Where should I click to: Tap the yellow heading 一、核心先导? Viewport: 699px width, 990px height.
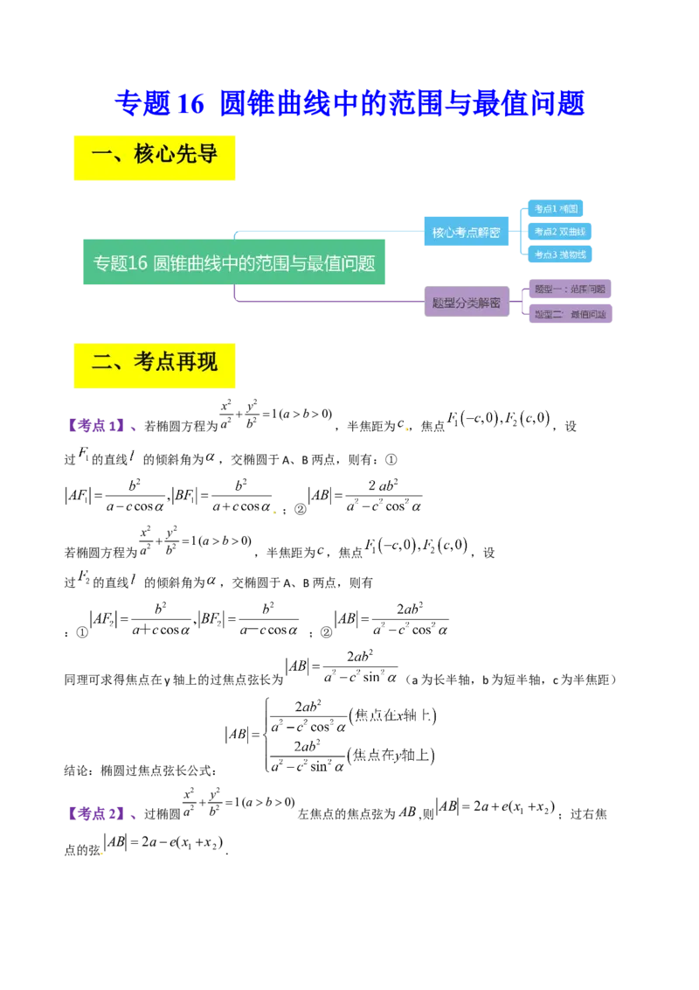[154, 157]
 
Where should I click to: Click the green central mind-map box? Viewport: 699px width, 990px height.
[233, 262]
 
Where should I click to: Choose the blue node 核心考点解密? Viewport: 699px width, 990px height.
[466, 233]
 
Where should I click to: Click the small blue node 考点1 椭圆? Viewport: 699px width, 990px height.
[556, 209]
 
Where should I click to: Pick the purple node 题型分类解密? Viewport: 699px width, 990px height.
[466, 303]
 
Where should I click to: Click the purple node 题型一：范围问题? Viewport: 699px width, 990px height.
[569, 288]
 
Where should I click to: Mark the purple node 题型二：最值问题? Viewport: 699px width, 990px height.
[569, 314]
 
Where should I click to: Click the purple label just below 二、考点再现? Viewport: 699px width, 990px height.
[101, 426]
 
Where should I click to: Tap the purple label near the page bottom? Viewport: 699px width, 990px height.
[100, 815]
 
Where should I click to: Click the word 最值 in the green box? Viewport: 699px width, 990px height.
[321, 262]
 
